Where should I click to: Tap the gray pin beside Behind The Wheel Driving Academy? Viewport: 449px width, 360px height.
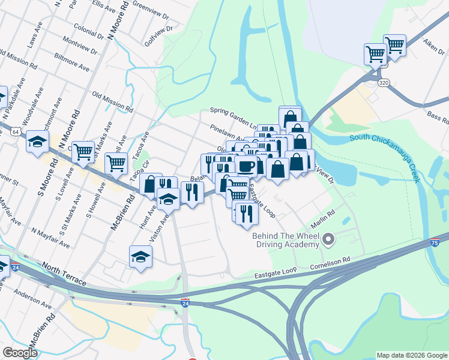(328, 240)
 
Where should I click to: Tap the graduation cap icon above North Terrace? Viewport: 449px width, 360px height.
(140, 256)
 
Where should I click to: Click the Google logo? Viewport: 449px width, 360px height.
(20, 353)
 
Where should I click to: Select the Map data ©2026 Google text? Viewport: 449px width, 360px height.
(411, 355)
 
